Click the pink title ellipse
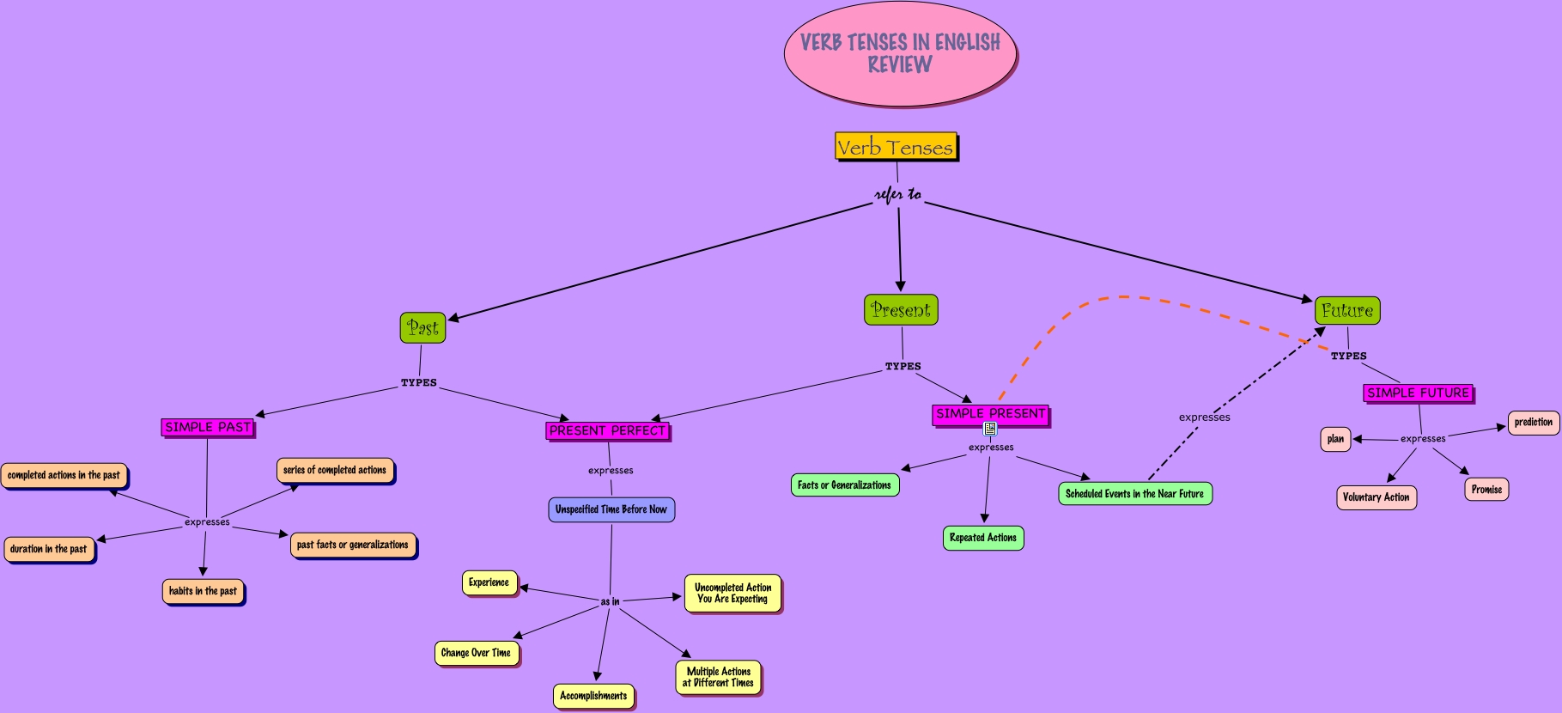(900, 53)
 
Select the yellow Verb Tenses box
(896, 147)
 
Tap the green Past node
(422, 327)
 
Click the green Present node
(901, 310)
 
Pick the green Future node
(1347, 311)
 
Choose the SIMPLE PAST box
(208, 427)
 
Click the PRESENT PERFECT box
(607, 430)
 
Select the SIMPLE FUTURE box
(1418, 393)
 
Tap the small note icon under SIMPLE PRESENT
(990, 428)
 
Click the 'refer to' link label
(898, 195)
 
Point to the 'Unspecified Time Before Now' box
(611, 509)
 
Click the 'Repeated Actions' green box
(983, 538)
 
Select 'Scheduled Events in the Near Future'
(1135, 494)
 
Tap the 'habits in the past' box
(203, 591)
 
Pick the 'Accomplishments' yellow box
(593, 696)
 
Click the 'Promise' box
(1486, 490)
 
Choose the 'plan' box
(1335, 439)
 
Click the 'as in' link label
(610, 601)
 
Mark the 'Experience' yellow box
(489, 582)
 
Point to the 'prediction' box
(1533, 423)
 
